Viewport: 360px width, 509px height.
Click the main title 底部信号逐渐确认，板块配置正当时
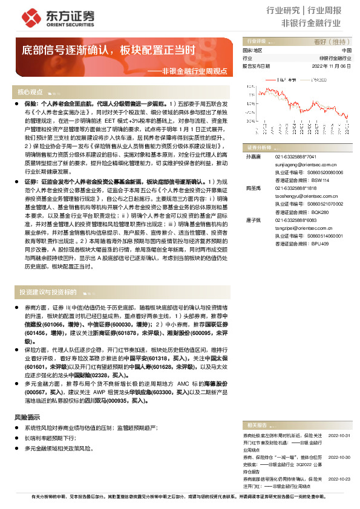pyautogui.click(x=109, y=49)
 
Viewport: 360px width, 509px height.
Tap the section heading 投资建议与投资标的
pyautogui.click(x=48, y=292)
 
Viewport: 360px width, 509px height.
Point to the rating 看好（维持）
pyautogui.click(x=336, y=42)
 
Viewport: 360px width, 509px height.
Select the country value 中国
pyautogui.click(x=346, y=50)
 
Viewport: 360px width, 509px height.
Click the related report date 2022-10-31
pyautogui.click(x=339, y=434)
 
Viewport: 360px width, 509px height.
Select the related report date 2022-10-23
pyautogui.click(x=339, y=478)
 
